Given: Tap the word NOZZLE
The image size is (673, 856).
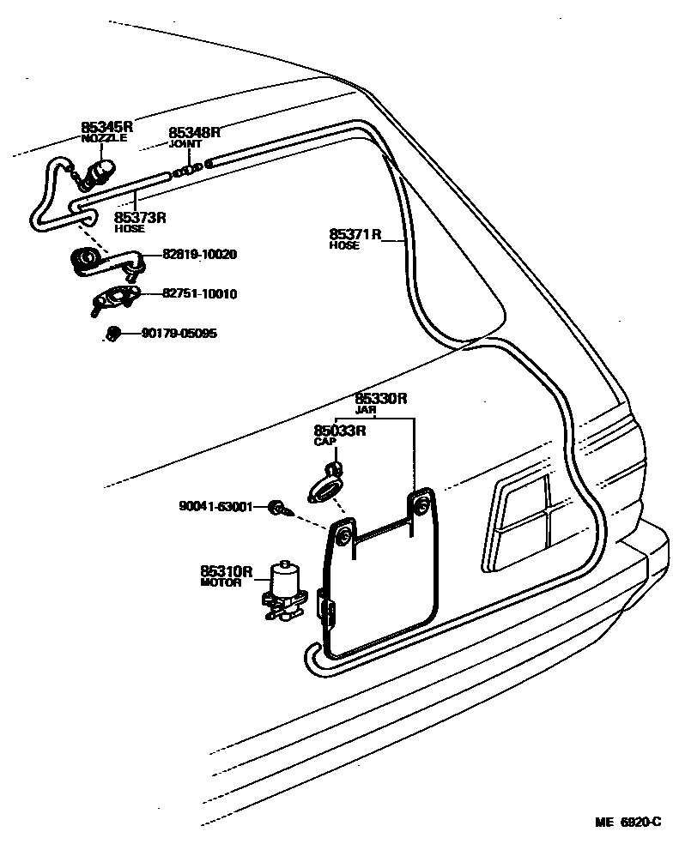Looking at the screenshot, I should click(x=104, y=138).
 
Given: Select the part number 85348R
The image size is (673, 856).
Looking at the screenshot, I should click(x=194, y=132).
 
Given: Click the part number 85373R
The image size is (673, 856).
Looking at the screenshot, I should click(x=140, y=218).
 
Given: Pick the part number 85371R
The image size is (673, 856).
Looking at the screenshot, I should click(x=355, y=234).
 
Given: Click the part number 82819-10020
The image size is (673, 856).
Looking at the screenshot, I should click(x=200, y=255).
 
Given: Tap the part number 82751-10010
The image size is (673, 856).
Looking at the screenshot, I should click(x=200, y=294).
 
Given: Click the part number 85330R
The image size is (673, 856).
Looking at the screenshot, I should click(x=381, y=399).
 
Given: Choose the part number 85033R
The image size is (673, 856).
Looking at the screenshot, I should click(x=340, y=431).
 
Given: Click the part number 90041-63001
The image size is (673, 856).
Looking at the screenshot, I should click(x=215, y=507).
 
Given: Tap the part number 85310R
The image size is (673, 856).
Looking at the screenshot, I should click(x=227, y=571).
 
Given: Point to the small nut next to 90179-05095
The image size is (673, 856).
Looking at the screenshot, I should click(x=111, y=333).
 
